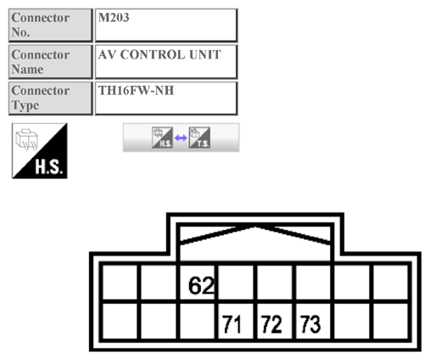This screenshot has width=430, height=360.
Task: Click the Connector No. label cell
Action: point(50,25)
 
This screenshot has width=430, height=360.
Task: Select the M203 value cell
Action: point(165,25)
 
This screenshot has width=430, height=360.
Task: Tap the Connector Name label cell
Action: point(50,62)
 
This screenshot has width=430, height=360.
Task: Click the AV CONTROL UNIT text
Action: point(159,55)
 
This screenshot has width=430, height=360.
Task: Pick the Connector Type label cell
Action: point(50,98)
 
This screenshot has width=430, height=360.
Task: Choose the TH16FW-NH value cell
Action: point(165,98)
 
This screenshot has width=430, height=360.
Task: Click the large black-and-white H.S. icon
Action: point(39,150)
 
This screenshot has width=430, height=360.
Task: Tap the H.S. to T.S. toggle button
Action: point(181,138)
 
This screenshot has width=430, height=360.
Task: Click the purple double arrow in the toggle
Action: point(181,138)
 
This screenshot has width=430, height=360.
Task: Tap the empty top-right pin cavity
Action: point(391,282)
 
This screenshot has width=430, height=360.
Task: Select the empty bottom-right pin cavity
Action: point(391,321)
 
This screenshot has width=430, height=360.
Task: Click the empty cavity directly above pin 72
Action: point(277,282)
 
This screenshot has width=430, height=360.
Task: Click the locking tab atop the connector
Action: point(255,238)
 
